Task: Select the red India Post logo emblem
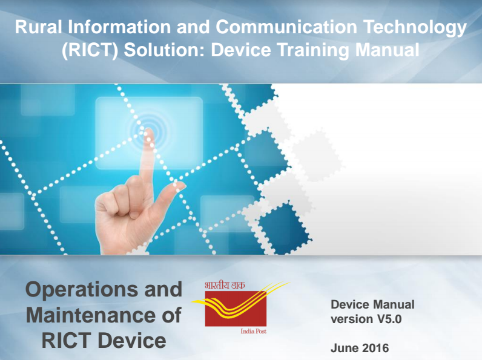pyautogui.click(x=236, y=309)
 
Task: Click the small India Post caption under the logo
pyautogui.click(x=253, y=331)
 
